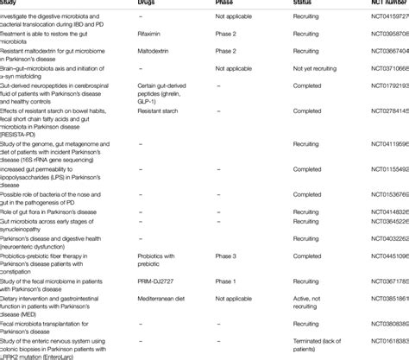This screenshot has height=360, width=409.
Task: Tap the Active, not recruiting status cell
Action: pos(312,299)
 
